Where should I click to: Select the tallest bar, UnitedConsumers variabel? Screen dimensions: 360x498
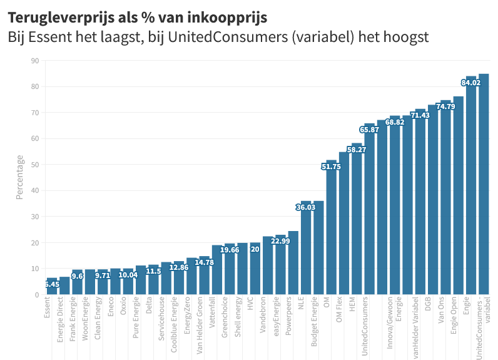[484, 188]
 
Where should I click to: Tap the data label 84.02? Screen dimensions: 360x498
[471, 82]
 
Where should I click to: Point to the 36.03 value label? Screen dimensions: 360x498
[306, 207]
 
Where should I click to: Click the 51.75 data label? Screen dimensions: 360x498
[331, 167]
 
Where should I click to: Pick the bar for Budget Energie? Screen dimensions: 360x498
[318, 250]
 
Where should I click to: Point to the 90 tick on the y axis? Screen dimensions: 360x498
[34, 61]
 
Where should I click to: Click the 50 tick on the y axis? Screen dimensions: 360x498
[34, 165]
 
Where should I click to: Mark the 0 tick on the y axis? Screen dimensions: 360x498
[36, 295]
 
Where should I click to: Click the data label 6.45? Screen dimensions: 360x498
[52, 284]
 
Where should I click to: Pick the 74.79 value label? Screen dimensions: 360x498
[445, 107]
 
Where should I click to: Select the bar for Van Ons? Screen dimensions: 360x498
[445, 200]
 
